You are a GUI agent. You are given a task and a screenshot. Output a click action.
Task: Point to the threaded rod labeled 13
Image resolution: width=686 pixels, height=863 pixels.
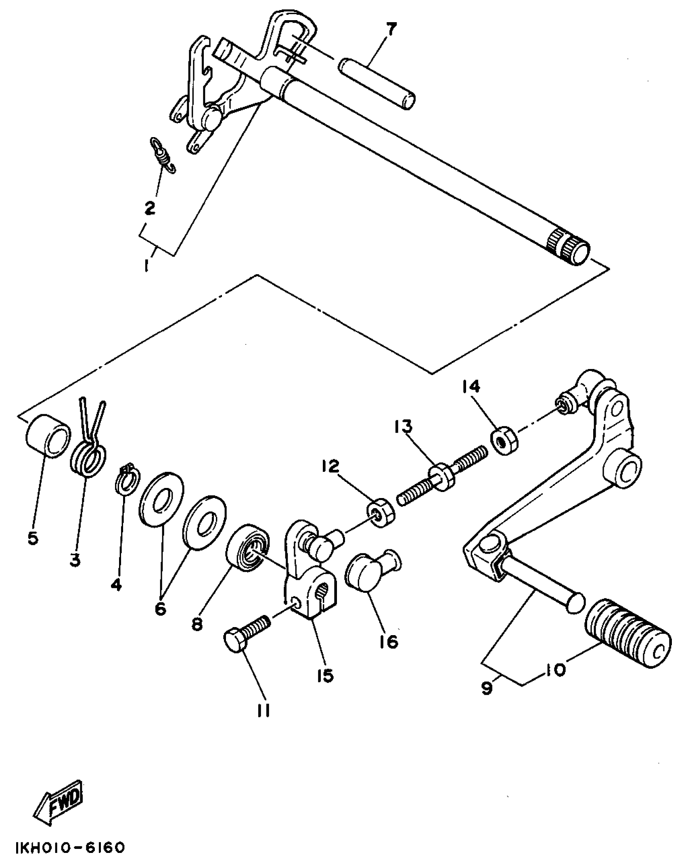click(443, 474)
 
